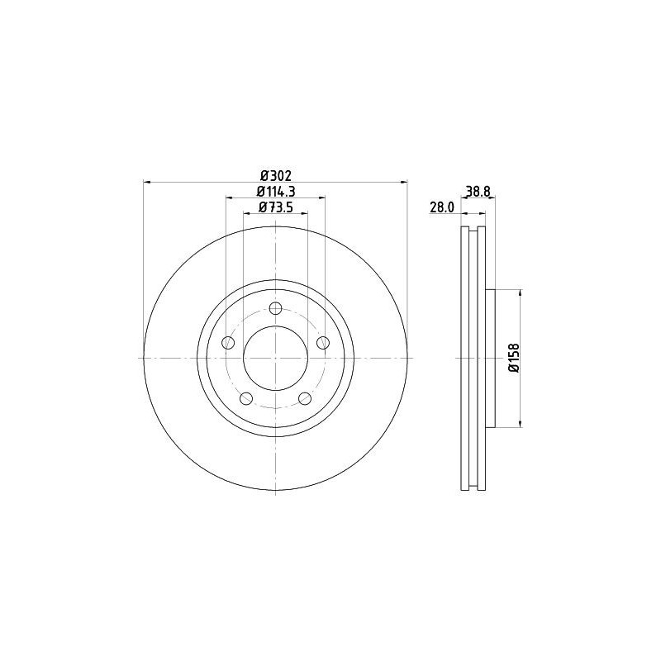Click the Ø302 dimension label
(x=276, y=175)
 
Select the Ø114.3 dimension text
(x=276, y=191)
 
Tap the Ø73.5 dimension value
(x=276, y=207)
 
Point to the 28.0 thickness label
(x=442, y=207)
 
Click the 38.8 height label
(x=478, y=191)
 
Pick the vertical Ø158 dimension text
(x=513, y=358)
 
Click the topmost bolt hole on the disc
(x=276, y=308)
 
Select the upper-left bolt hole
(x=229, y=342)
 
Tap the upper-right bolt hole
(x=323, y=342)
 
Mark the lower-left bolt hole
(x=246, y=398)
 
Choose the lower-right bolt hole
(x=306, y=398)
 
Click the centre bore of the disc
(x=276, y=358)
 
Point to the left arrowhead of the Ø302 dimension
(x=147, y=182)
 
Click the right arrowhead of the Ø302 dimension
(x=405, y=182)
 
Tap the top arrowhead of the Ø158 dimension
(x=521, y=292)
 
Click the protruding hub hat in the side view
(x=490, y=358)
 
